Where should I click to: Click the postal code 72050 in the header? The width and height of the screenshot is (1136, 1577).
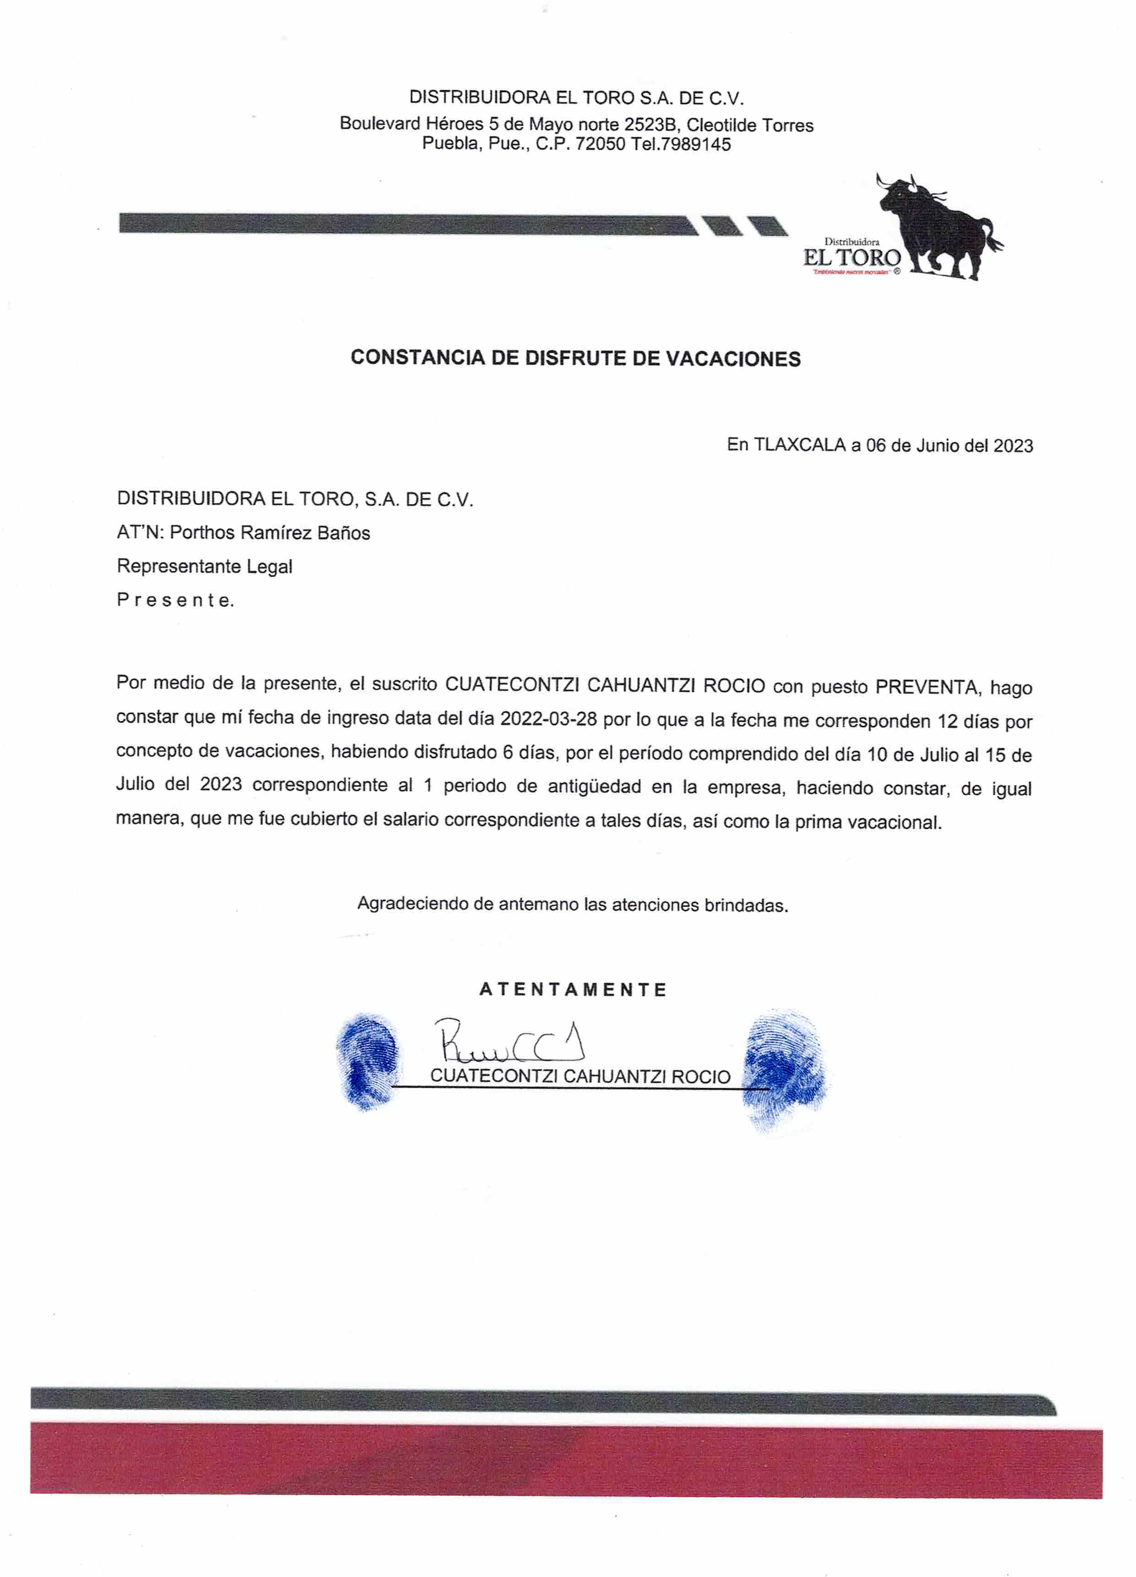point(600,145)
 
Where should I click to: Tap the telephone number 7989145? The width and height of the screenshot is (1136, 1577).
point(696,145)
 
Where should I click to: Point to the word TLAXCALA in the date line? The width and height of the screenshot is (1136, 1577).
point(799,445)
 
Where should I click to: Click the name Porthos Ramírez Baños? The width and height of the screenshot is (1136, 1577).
point(270,533)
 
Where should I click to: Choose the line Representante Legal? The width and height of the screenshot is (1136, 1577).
point(204,567)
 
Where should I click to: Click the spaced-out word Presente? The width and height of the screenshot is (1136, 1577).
point(175,600)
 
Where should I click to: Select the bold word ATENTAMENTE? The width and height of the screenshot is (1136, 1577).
point(573,990)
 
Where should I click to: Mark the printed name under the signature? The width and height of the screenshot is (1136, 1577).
point(580,1076)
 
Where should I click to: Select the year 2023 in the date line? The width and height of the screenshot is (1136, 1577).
point(1012,446)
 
